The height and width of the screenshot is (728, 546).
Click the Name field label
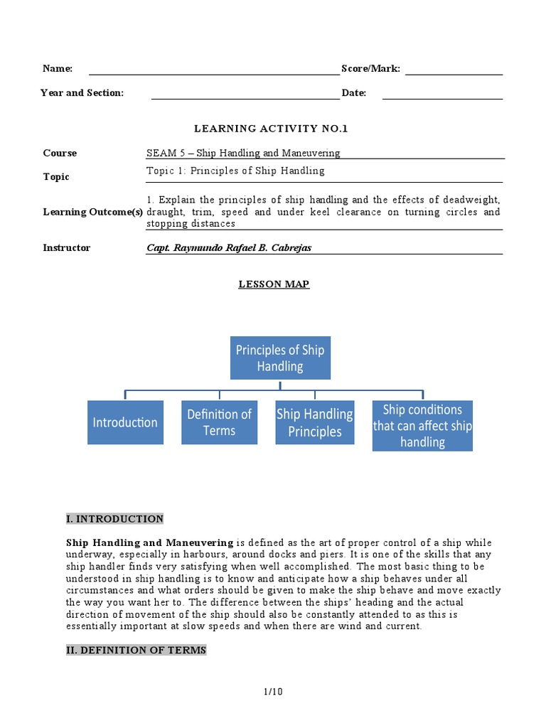coord(58,68)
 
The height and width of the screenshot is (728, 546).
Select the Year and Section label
coord(82,93)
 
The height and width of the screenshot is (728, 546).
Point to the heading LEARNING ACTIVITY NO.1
coord(272,129)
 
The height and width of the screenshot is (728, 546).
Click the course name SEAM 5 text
coord(243,153)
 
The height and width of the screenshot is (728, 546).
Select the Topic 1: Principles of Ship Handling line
coord(235,171)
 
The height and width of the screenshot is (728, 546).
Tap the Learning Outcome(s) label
coord(92,212)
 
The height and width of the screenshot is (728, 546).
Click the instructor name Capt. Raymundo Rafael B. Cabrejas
coord(229,248)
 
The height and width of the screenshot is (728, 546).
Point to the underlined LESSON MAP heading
coord(274,284)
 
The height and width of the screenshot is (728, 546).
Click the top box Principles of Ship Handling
coord(280,358)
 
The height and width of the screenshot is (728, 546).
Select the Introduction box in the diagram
coord(125,422)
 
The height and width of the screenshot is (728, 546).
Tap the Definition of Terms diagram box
coord(219,422)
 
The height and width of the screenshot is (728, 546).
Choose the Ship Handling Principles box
coord(314,422)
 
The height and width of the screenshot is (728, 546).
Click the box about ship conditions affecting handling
coord(422,425)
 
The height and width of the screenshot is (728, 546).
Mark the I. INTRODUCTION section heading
coord(114,519)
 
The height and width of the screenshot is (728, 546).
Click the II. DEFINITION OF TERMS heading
coord(136,650)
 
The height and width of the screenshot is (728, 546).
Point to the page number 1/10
coord(273,691)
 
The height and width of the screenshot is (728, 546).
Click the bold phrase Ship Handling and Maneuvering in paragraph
coord(149,542)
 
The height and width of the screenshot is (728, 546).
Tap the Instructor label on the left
coord(67,248)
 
